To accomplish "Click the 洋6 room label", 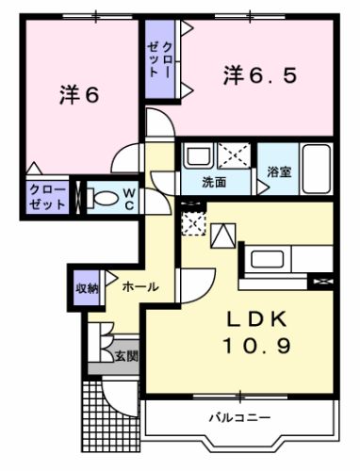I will tap(80, 95).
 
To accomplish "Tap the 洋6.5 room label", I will tap(260, 75).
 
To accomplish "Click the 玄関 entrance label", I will tap(126, 355).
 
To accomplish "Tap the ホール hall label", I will tap(139, 286).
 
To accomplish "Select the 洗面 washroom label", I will tap(215, 182).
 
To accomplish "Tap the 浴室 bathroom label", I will tap(278, 173).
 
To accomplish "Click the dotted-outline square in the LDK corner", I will tap(192, 222).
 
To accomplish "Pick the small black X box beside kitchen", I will tap(326, 280).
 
